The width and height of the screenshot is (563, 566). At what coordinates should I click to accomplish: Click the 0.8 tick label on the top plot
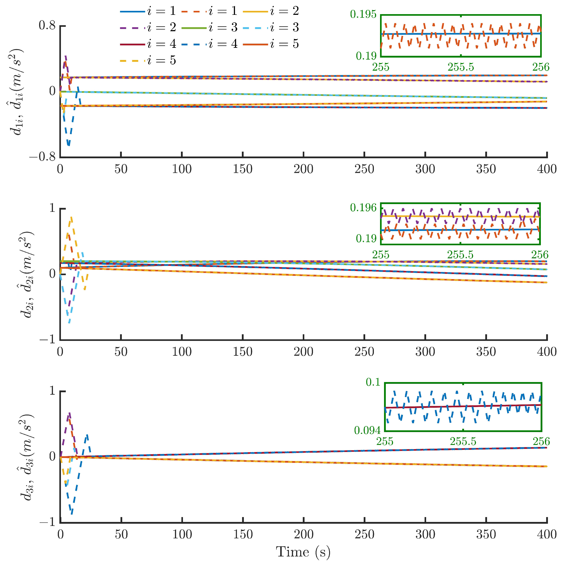pyautogui.click(x=47, y=26)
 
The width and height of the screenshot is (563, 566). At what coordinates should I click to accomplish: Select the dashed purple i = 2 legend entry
pyautogui.click(x=148, y=27)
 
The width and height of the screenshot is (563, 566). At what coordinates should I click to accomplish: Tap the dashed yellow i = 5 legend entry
pyautogui.click(x=148, y=61)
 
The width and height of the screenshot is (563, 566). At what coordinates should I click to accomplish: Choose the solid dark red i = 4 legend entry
pyautogui.click(x=148, y=44)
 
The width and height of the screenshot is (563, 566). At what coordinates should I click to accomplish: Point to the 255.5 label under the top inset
pyautogui.click(x=460, y=67)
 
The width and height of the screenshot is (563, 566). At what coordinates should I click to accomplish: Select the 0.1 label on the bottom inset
pyautogui.click(x=373, y=382)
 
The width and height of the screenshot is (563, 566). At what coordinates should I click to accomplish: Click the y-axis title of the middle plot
pyautogui.click(x=27, y=275)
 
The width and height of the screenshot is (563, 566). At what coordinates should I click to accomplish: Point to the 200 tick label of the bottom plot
pyautogui.click(x=304, y=534)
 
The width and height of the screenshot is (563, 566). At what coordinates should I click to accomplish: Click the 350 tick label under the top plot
pyautogui.click(x=486, y=169)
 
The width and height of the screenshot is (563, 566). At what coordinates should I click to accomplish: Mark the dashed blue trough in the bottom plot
pyautogui.click(x=72, y=513)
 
